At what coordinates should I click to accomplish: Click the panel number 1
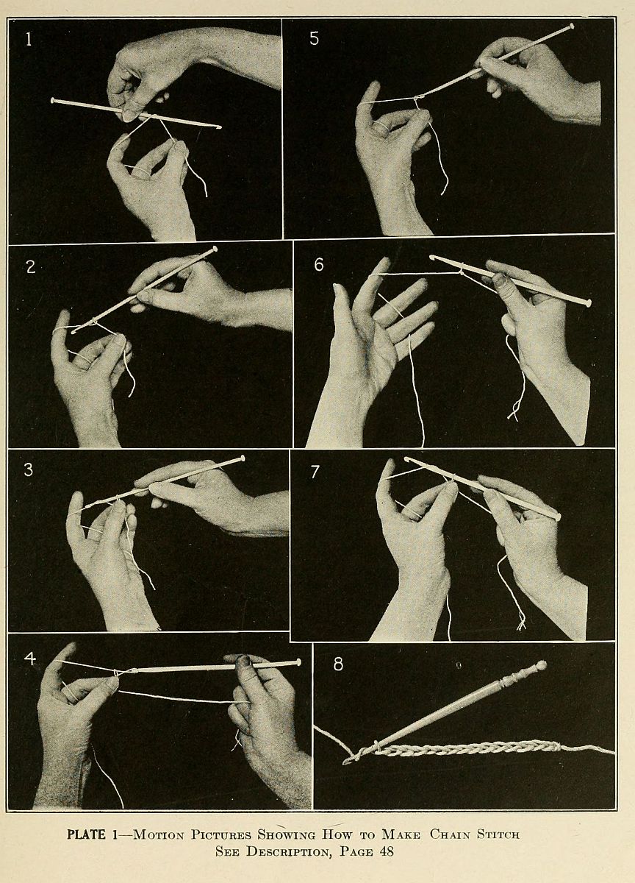29,39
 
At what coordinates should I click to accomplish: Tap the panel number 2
30,267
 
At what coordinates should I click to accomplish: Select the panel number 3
29,469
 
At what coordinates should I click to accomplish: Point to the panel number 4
30,659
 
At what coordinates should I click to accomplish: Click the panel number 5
314,38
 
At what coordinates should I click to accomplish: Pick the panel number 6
318,264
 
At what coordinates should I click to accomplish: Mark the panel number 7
314,472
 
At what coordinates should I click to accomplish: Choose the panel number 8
338,664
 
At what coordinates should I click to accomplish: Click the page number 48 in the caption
386,851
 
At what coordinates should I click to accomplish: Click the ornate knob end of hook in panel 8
541,666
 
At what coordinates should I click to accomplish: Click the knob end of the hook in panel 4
298,662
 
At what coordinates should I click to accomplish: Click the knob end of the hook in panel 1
53,100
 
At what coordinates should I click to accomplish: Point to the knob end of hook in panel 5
572,26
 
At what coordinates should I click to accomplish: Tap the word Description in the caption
287,851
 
